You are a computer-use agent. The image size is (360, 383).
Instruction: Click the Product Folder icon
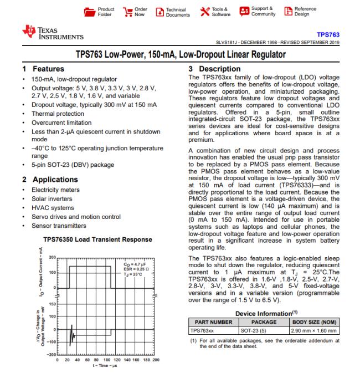(x=89, y=12)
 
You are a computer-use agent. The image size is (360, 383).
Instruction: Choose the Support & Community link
(x=244, y=12)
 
